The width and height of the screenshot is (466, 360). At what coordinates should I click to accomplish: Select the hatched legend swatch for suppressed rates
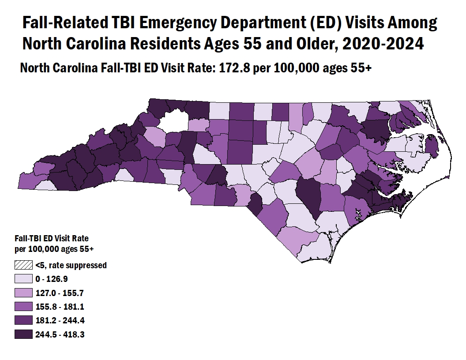tap(24, 265)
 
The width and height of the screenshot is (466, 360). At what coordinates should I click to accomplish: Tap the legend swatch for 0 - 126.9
tap(24, 279)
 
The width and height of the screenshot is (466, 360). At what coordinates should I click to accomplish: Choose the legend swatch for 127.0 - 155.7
tap(24, 293)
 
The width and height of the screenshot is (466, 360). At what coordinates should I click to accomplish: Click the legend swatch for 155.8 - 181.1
tap(24, 307)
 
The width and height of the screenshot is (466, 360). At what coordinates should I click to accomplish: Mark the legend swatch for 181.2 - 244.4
tap(24, 321)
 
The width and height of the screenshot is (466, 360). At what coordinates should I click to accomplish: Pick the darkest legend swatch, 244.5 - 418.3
tap(24, 334)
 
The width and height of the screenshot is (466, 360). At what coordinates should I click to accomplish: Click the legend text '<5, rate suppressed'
tap(71, 265)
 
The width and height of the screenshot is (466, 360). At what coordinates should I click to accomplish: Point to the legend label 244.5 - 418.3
tap(60, 334)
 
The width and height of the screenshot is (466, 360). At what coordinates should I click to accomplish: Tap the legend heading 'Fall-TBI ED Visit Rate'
tap(52, 239)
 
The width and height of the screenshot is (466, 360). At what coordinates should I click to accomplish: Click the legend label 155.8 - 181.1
tap(60, 307)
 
